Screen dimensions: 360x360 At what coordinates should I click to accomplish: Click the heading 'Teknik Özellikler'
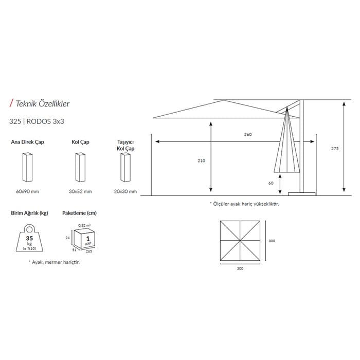(x=43, y=103)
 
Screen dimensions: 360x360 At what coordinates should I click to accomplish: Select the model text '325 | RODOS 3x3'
(x=37, y=121)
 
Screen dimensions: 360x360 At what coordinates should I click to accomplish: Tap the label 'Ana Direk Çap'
(x=28, y=142)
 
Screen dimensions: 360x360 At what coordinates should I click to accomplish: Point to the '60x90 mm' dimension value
(x=28, y=191)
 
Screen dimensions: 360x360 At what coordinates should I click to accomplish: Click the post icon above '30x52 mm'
(x=80, y=167)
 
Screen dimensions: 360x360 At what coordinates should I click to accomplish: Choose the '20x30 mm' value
(x=125, y=191)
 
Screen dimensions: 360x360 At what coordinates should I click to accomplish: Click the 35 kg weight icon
(x=29, y=238)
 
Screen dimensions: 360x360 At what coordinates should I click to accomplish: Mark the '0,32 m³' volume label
(x=84, y=225)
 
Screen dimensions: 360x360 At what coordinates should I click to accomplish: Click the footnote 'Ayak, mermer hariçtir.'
(x=54, y=262)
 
